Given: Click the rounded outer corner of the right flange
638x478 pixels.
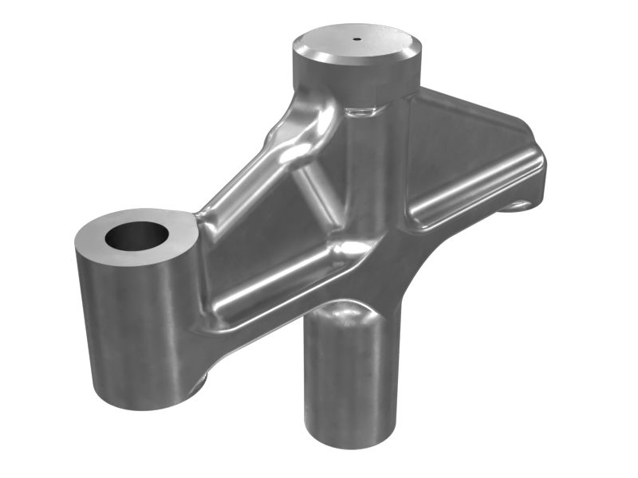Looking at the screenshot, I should [539, 163].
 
